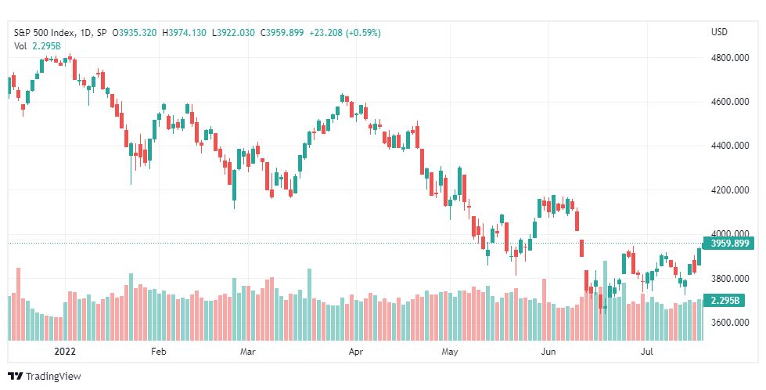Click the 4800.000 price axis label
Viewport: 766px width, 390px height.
pos(730,58)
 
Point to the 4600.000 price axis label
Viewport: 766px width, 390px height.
pos(730,102)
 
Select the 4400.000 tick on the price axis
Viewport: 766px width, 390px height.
pos(730,146)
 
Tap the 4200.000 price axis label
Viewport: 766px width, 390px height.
pos(730,190)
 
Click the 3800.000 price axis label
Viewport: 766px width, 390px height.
pos(730,279)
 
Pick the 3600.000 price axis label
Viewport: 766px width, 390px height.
pos(730,323)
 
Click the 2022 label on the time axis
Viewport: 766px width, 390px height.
pos(65,352)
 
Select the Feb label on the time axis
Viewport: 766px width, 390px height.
pos(159,352)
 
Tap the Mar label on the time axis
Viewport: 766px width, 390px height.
pos(248,352)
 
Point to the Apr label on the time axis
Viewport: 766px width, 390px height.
pos(356,352)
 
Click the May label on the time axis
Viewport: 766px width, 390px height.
pos(450,352)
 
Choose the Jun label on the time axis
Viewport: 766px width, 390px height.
pos(548,352)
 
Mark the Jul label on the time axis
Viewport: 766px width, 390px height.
pos(647,352)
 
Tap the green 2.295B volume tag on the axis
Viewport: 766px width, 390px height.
pos(724,300)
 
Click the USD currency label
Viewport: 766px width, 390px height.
pos(719,32)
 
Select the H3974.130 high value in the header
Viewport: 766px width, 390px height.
pos(184,33)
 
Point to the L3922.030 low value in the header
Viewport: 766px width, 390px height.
pos(233,33)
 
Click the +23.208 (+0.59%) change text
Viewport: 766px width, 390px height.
pos(345,33)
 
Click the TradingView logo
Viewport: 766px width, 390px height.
pos(45,377)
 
